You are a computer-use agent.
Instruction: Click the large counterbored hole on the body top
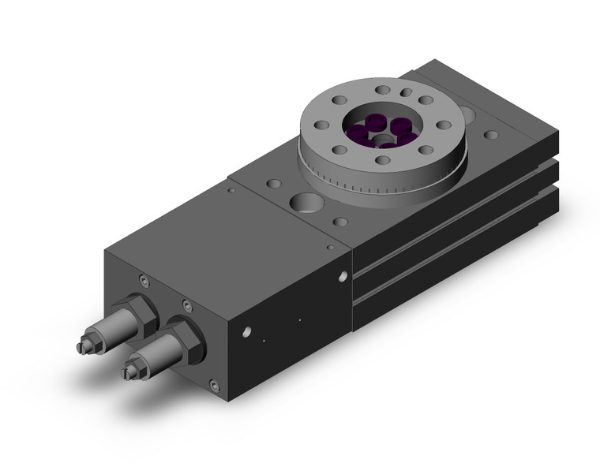tap(305, 202)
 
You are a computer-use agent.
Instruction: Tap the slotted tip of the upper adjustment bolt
tap(81, 347)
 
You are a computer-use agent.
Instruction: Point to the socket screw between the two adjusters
tap(186, 305)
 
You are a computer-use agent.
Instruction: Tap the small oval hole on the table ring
tap(405, 93)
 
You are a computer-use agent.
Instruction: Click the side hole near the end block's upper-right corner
tap(343, 276)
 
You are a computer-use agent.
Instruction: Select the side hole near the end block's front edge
tap(247, 332)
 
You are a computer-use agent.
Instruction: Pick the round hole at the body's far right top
tap(491, 135)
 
